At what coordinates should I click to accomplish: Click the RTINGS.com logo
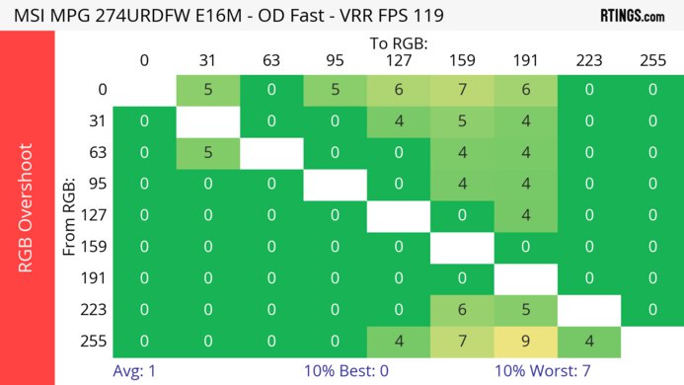pyautogui.click(x=631, y=15)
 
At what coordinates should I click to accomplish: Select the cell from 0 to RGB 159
pyautogui.click(x=461, y=90)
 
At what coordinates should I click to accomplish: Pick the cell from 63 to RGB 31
pyautogui.click(x=207, y=153)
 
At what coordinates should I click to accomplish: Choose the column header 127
pyautogui.click(x=398, y=61)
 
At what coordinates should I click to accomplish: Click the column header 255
pyautogui.click(x=651, y=61)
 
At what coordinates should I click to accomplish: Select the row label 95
pyautogui.click(x=98, y=185)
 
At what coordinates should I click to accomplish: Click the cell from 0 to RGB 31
pyautogui.click(x=207, y=90)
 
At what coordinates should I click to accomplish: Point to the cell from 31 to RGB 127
pyautogui.click(x=398, y=121)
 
